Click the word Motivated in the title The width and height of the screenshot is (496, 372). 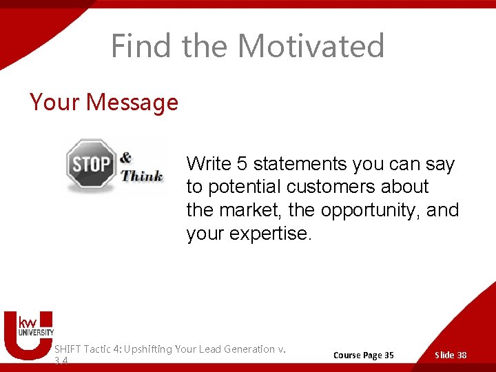point(311,46)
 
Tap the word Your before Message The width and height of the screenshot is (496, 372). point(54,103)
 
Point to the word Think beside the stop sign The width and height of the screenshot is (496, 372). point(142,175)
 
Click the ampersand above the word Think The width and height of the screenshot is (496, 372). point(125,158)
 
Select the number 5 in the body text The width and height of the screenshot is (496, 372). point(242,164)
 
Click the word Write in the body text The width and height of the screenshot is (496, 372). point(209,164)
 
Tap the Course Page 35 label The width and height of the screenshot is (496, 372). point(363,355)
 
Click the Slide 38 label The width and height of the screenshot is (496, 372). point(451,355)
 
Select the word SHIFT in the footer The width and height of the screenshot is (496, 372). point(67,349)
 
